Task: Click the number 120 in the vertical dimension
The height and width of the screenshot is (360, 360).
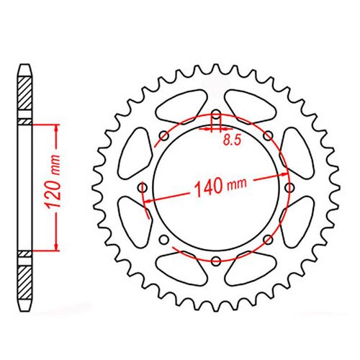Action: pos(53,194)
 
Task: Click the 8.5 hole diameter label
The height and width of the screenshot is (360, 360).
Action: pos(232,140)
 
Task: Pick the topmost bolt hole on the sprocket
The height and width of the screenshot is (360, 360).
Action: pos(216,114)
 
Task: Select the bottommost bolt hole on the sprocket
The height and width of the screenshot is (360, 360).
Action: pos(216,261)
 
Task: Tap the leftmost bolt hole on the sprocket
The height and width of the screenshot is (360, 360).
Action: pos(143,188)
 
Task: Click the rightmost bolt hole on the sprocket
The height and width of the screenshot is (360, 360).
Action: pos(289,187)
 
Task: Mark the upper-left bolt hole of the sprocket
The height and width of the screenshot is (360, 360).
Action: pos(164,136)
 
